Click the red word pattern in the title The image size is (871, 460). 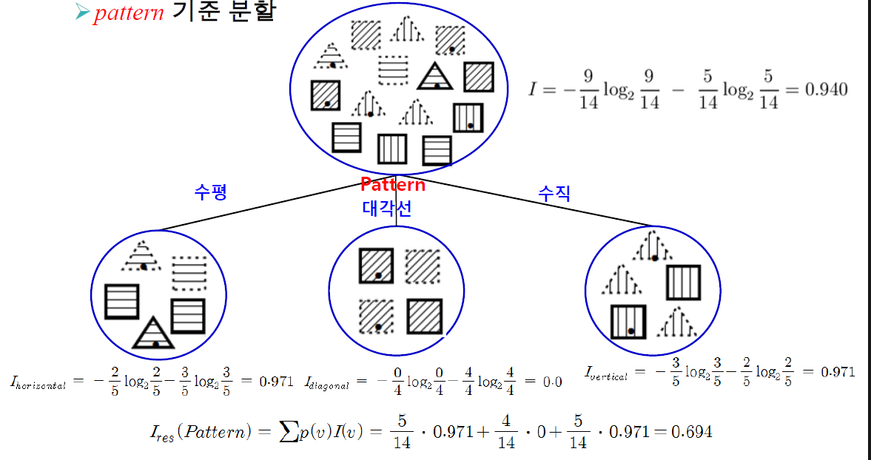[x=128, y=13]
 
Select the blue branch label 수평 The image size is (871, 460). [x=209, y=193]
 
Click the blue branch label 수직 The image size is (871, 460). [x=554, y=194]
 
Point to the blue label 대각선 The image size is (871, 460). [x=387, y=209]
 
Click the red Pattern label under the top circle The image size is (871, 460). [x=392, y=185]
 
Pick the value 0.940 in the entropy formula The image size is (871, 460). [x=825, y=90]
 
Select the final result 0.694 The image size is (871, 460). [x=691, y=430]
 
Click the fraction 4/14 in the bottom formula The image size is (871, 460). [x=506, y=431]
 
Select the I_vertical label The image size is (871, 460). [x=605, y=373]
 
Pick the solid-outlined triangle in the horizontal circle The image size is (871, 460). [x=153, y=334]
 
